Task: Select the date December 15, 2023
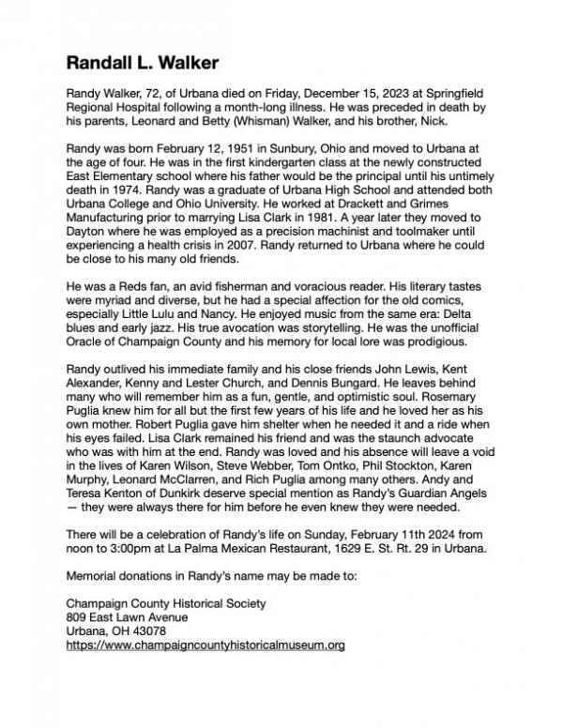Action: [x=346, y=95]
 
